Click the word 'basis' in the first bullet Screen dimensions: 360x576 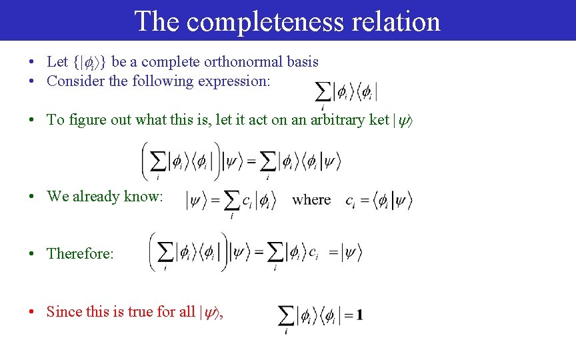pos(303,62)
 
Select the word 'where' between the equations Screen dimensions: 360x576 pos(311,199)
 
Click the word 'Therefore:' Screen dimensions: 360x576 pos(80,254)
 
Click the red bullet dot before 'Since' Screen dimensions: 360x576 pos(31,312)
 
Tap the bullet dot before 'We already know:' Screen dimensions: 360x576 pos(31,197)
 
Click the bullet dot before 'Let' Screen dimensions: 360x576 pos(31,62)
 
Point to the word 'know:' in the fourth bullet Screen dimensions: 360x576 pos(145,197)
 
